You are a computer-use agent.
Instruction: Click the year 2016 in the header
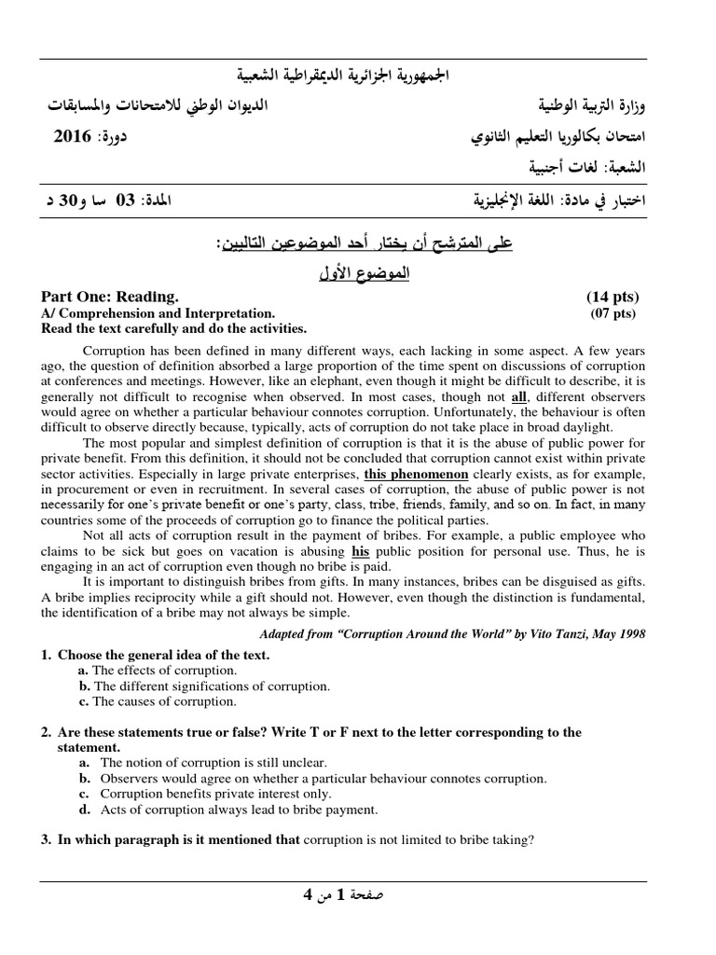[72, 137]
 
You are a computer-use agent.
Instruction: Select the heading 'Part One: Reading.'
[109, 297]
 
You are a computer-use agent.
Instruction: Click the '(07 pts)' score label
[613, 313]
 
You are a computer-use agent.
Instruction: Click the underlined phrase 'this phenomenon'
[416, 474]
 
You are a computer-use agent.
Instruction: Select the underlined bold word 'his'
[361, 550]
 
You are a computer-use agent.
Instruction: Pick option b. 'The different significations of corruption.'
[210, 686]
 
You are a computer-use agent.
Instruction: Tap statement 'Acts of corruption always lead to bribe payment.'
[239, 810]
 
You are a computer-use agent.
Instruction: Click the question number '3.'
[46, 839]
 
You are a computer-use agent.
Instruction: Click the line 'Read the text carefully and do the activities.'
[173, 328]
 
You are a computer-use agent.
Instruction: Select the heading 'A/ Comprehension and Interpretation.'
[158, 313]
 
